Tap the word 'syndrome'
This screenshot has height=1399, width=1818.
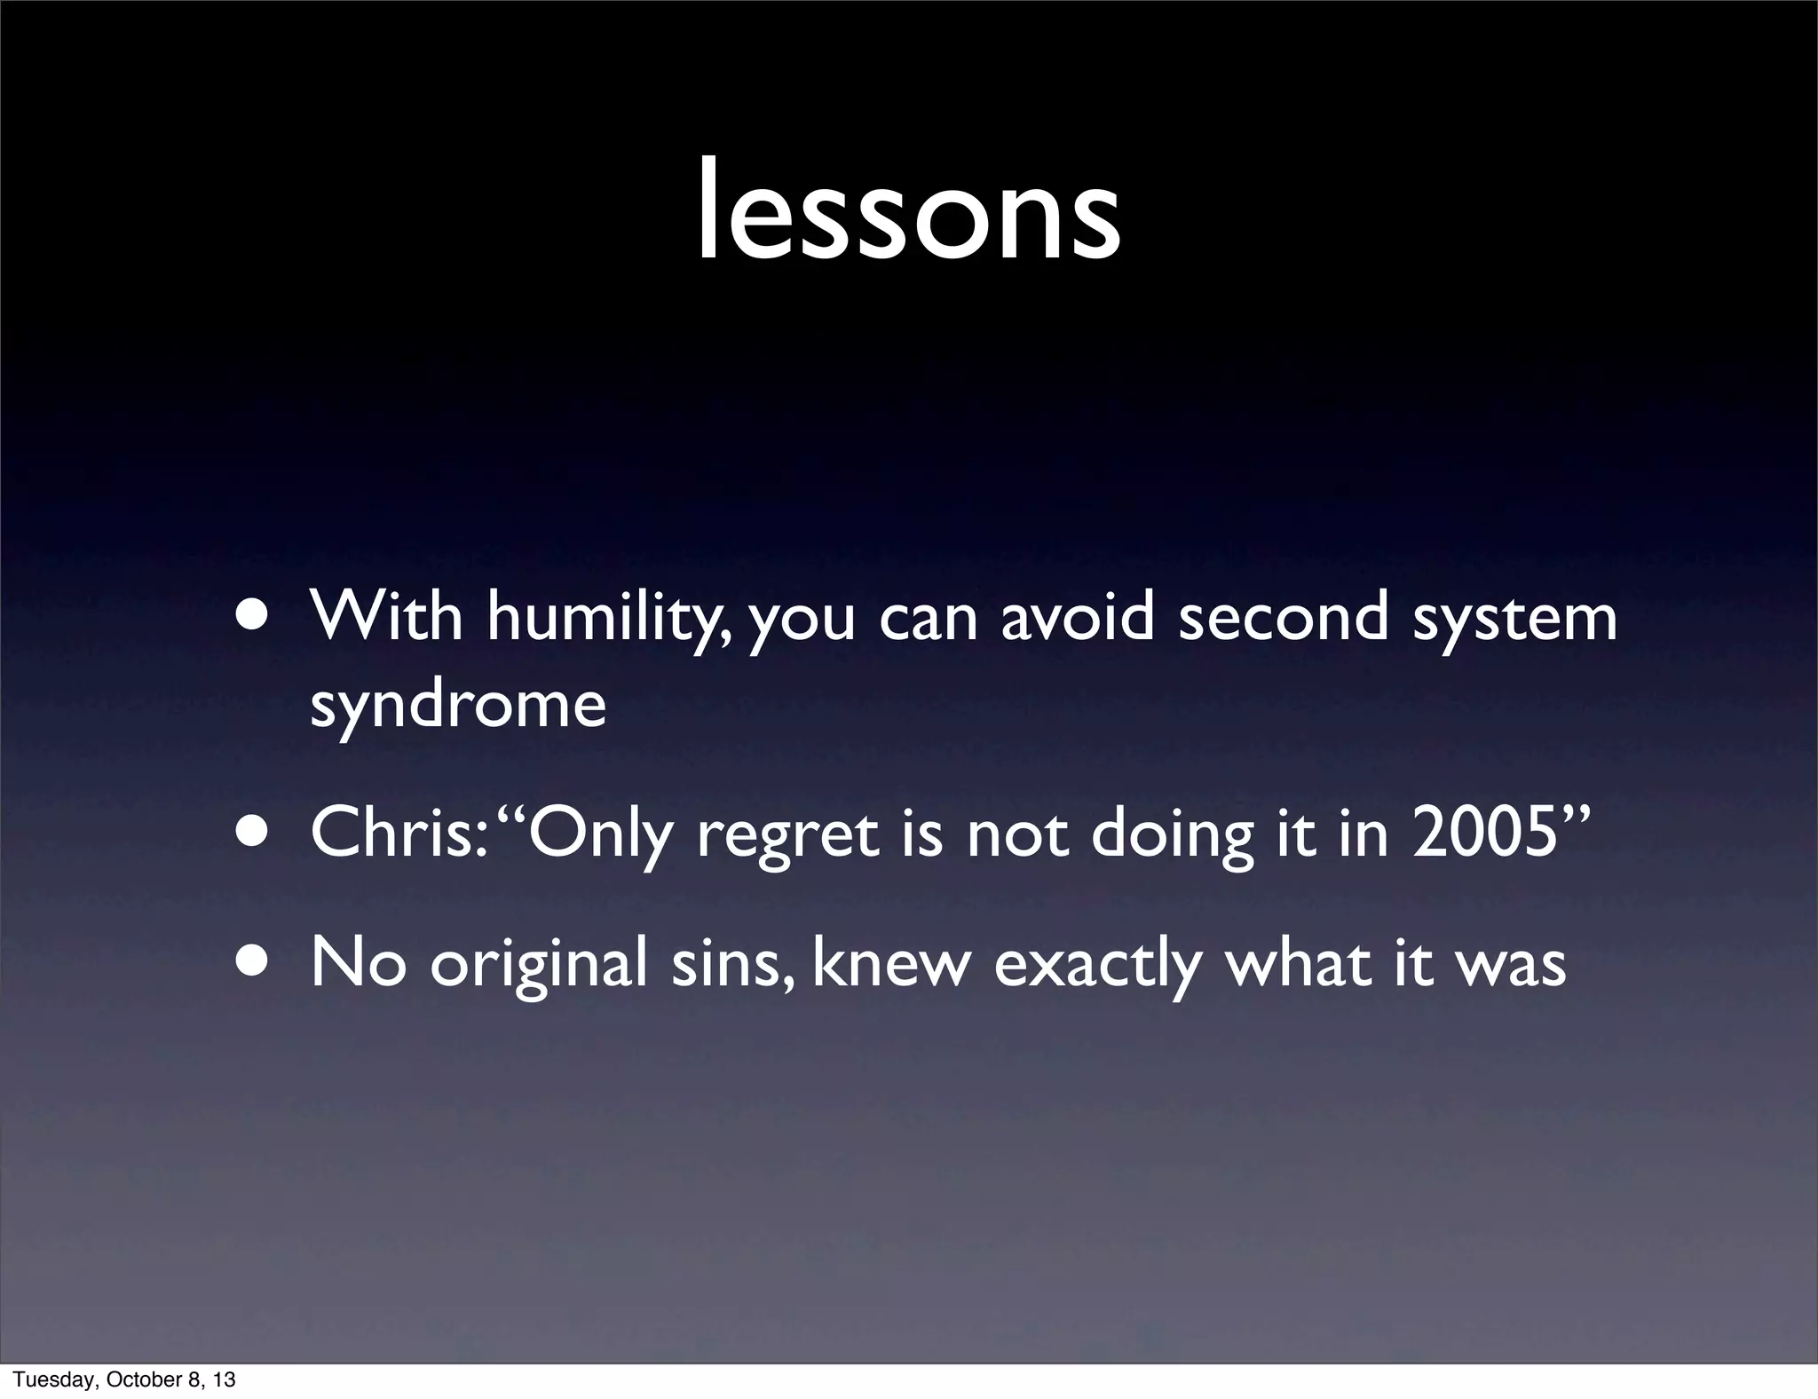(458, 706)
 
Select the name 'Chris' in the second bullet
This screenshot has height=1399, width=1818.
(391, 835)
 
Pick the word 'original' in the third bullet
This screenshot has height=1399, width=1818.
(539, 966)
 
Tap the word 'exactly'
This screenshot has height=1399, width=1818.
(1096, 966)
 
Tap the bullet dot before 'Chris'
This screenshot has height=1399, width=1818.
(254, 836)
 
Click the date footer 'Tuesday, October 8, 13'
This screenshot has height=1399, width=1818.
(124, 1379)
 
